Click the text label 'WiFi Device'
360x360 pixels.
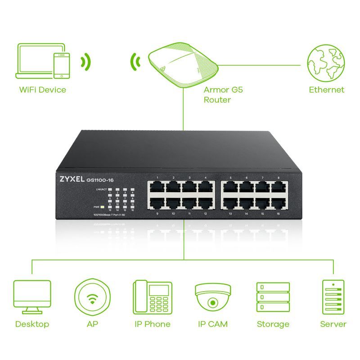(43, 90)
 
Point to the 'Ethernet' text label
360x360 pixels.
(326, 90)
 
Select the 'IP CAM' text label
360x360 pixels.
(213, 324)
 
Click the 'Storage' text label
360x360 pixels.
(273, 324)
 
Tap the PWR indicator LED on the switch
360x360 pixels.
(103, 207)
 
